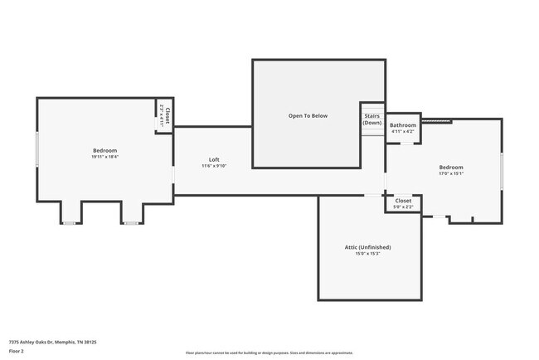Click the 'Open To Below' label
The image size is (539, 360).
(308, 115)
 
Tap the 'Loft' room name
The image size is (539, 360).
(214, 159)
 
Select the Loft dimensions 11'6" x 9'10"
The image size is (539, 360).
(214, 166)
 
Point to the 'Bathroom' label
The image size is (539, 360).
(403, 125)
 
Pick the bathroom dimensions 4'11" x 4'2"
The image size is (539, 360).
(403, 132)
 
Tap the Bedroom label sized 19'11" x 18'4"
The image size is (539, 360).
(104, 150)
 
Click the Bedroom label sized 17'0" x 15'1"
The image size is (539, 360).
(451, 168)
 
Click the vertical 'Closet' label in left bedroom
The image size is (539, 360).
(168, 115)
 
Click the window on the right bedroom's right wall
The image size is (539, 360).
(502, 168)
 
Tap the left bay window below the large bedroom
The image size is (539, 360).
(70, 223)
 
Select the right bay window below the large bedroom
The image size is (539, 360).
(131, 223)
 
